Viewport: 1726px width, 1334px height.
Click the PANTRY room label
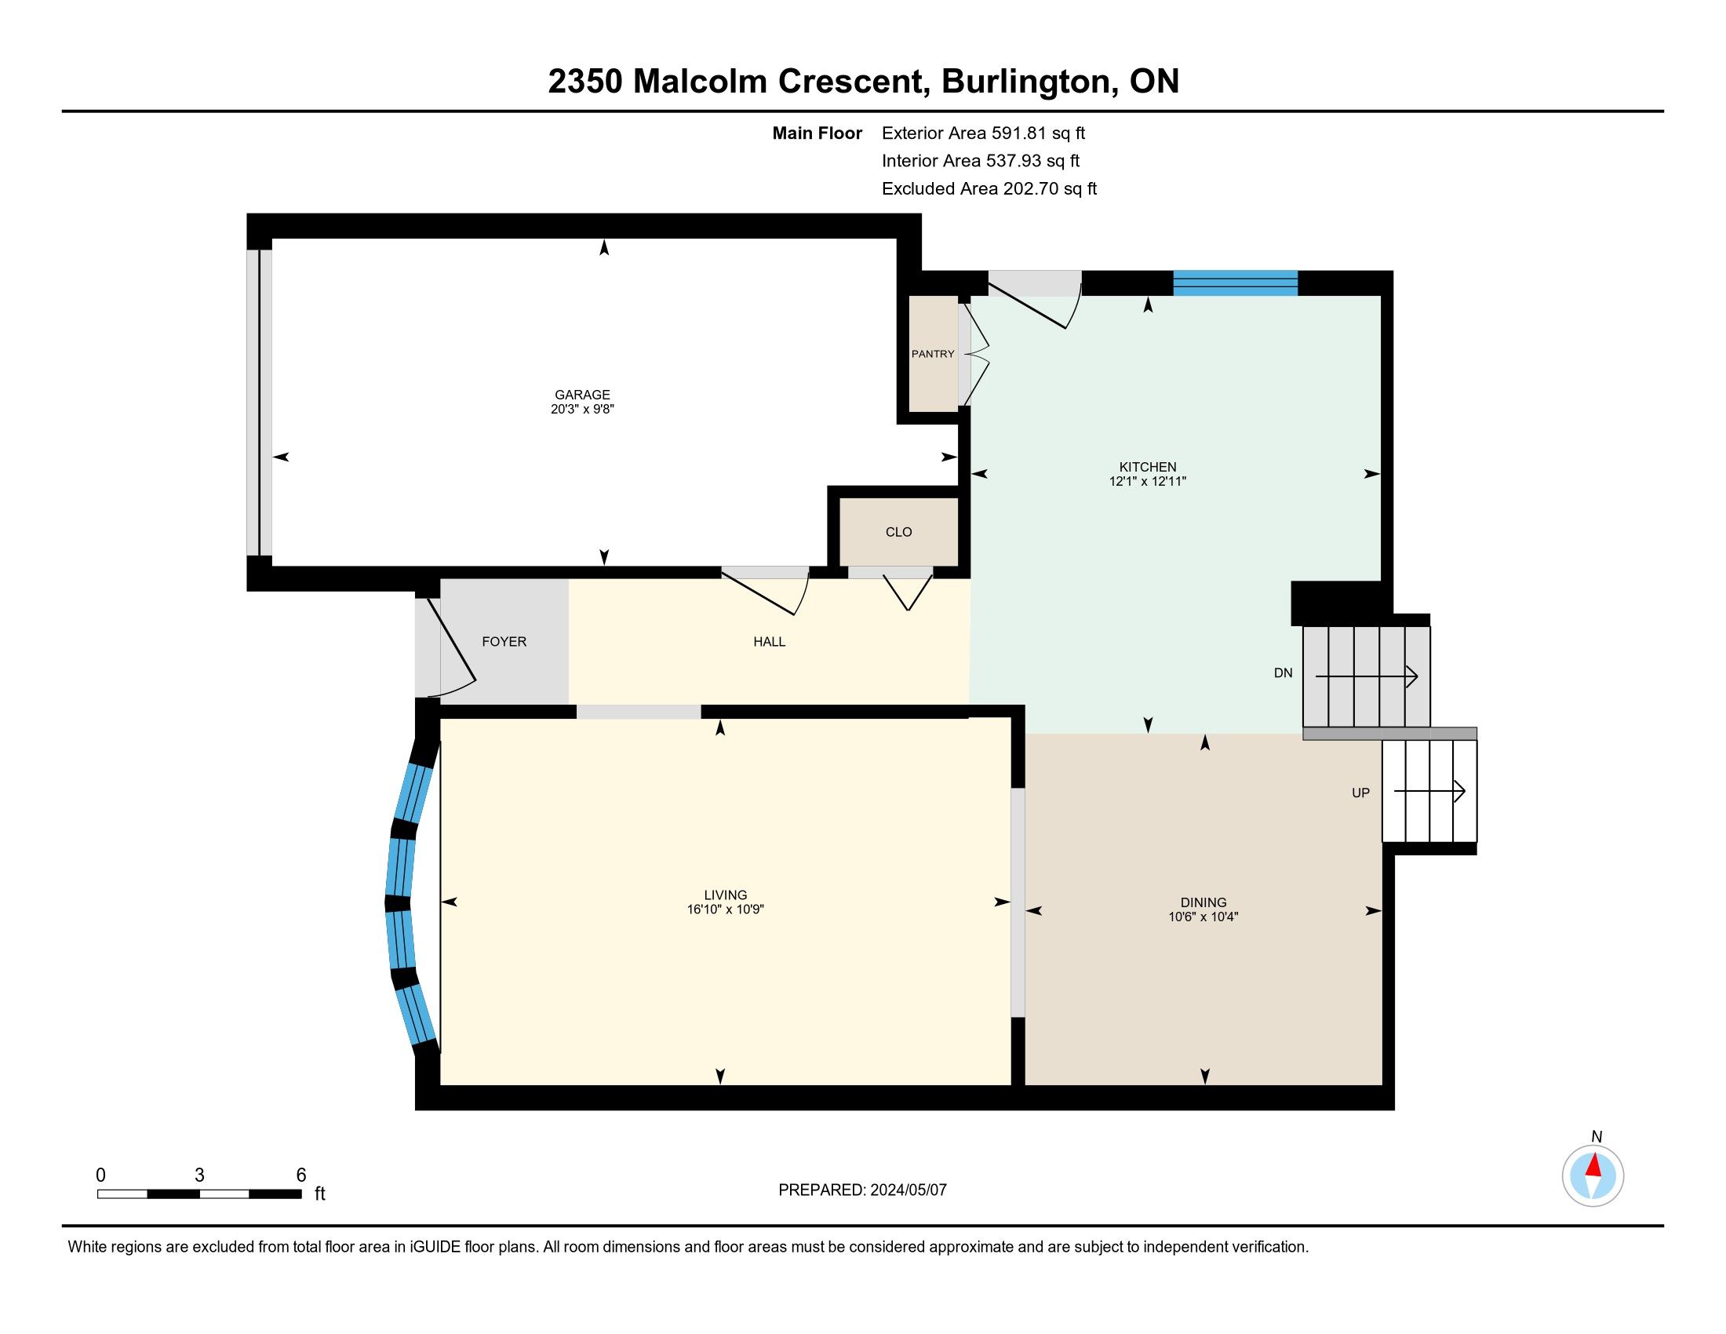pyautogui.click(x=933, y=354)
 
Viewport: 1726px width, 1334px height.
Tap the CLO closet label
pyautogui.click(x=898, y=532)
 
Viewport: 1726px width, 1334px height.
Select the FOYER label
pyautogui.click(x=504, y=642)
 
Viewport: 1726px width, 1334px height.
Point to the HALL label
pyautogui.click(x=769, y=642)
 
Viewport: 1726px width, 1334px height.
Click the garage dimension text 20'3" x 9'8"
pyautogui.click(x=582, y=410)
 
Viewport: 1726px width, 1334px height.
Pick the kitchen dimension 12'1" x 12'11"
pyautogui.click(x=1148, y=481)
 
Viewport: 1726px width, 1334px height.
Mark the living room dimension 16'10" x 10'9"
pyautogui.click(x=726, y=909)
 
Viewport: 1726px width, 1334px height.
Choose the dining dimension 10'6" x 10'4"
pyautogui.click(x=1203, y=917)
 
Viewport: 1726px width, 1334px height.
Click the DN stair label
pyautogui.click(x=1284, y=673)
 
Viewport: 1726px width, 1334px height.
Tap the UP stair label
pyautogui.click(x=1361, y=793)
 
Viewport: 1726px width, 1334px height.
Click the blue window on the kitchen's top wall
pyautogui.click(x=1235, y=283)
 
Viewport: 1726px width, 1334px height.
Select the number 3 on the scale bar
pyautogui.click(x=199, y=1175)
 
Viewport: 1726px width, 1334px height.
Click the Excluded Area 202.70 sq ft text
pyautogui.click(x=989, y=189)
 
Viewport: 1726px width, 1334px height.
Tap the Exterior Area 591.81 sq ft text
pyautogui.click(x=984, y=133)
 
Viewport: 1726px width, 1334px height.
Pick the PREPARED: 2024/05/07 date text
pyautogui.click(x=862, y=1190)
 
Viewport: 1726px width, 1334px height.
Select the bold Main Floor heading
pyautogui.click(x=817, y=133)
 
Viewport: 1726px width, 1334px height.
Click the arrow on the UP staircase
pyautogui.click(x=1429, y=791)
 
